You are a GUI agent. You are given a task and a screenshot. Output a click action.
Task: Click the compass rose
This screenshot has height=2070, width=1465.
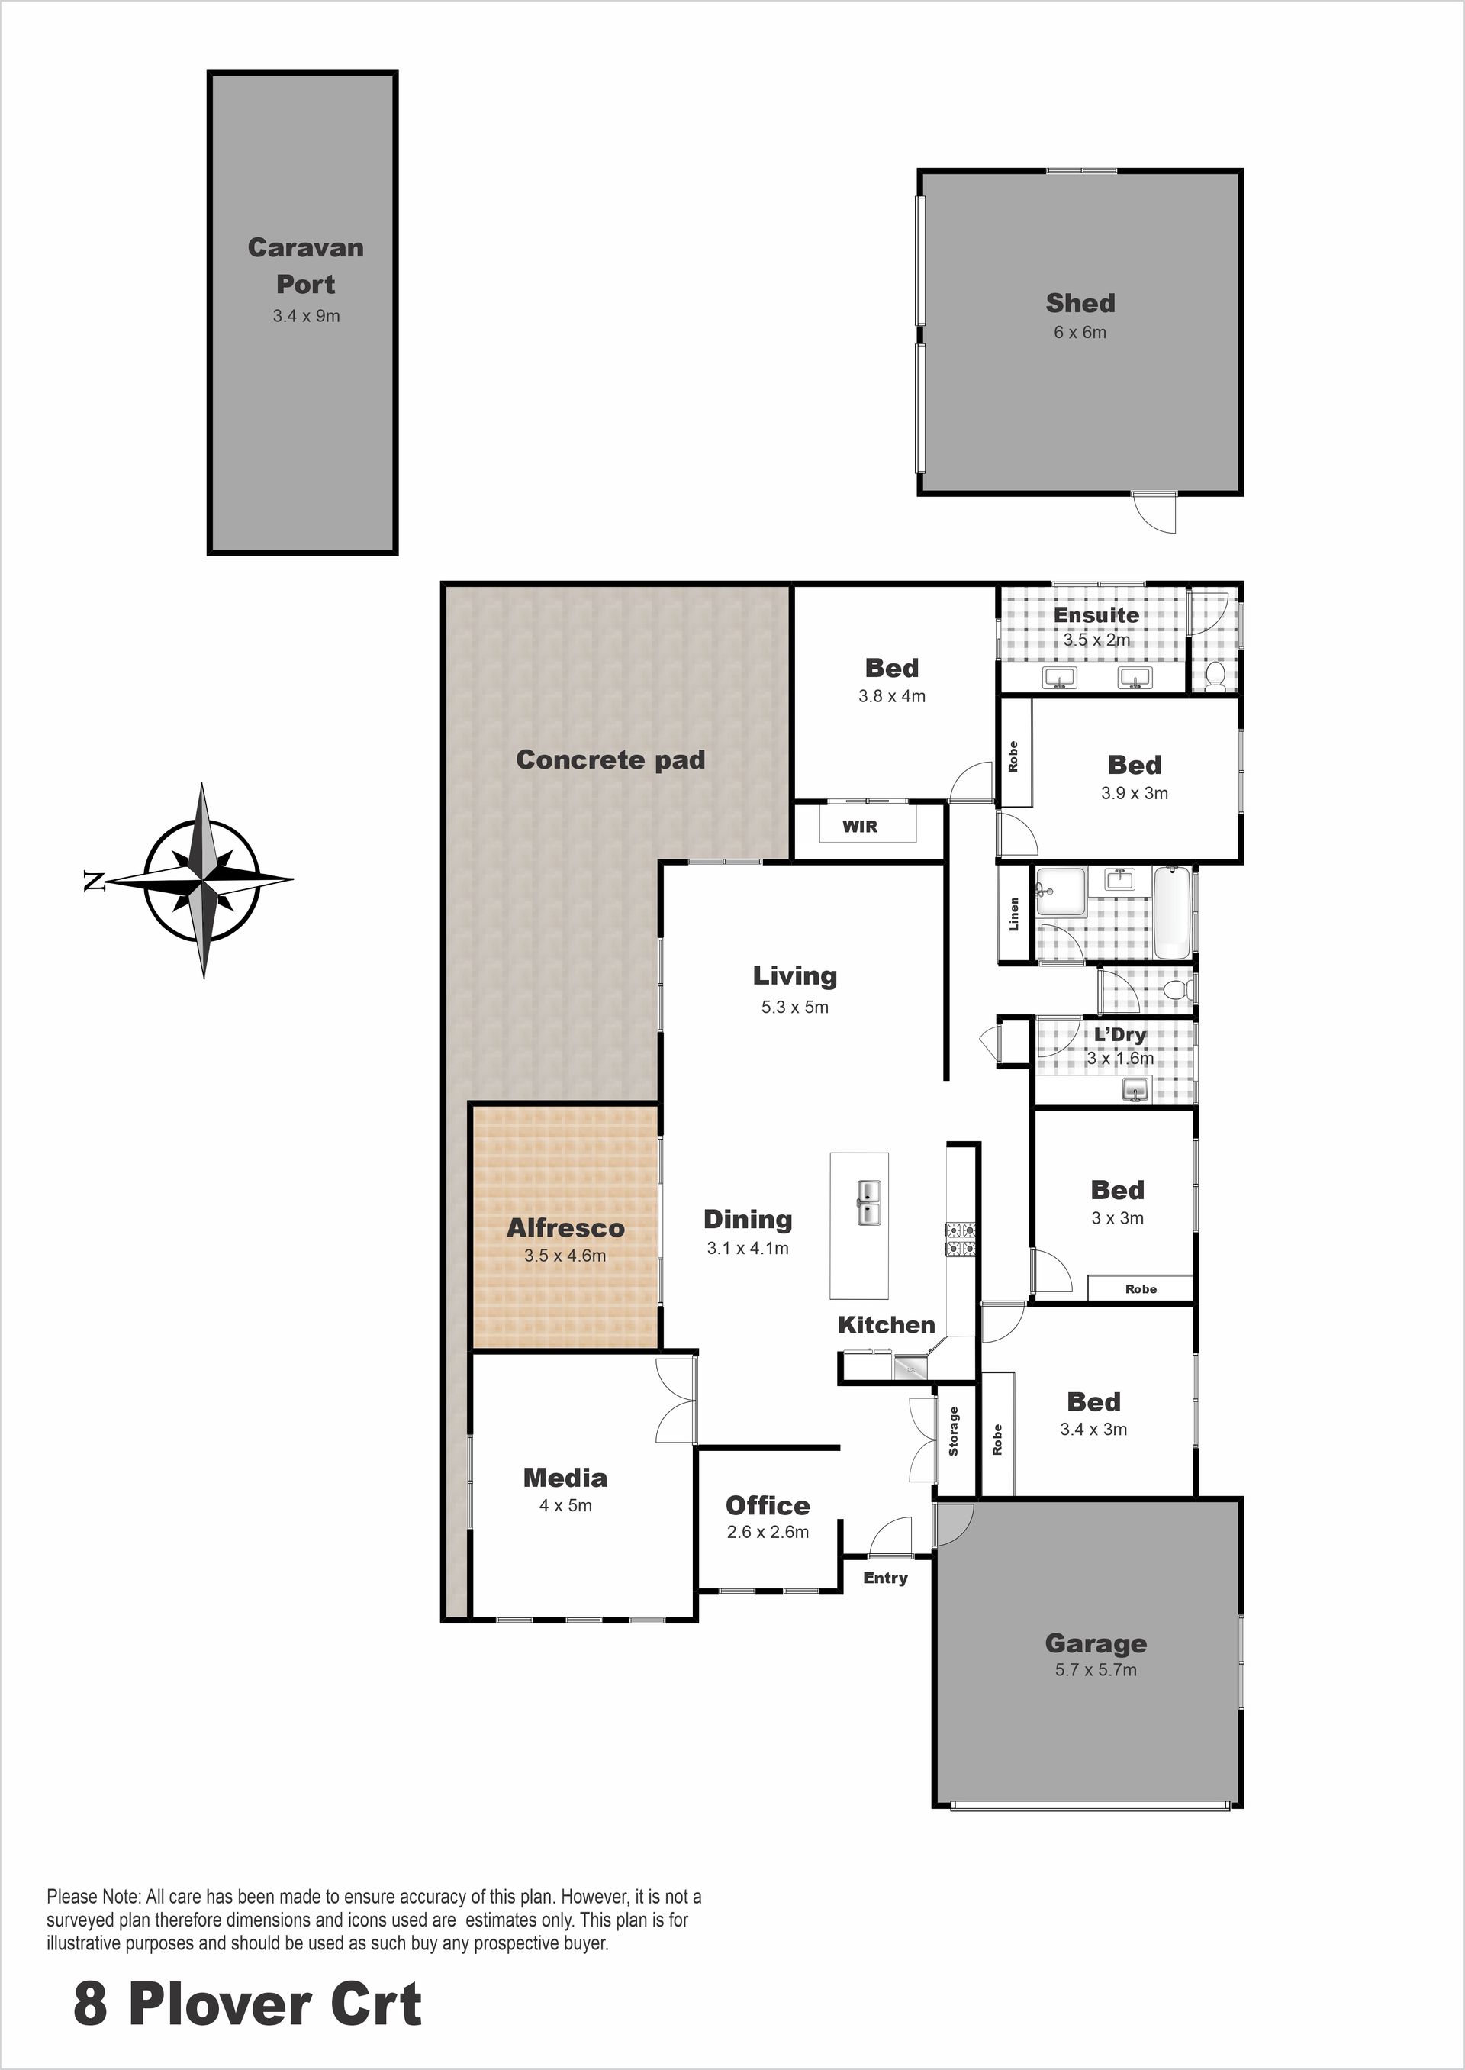pyautogui.click(x=203, y=880)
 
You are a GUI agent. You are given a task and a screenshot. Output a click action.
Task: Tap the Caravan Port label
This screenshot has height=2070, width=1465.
pyautogui.click(x=306, y=266)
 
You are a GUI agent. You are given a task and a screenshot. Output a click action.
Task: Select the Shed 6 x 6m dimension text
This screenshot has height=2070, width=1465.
pyautogui.click(x=1080, y=332)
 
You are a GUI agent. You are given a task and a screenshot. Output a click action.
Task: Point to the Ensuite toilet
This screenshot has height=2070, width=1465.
pyautogui.click(x=1214, y=673)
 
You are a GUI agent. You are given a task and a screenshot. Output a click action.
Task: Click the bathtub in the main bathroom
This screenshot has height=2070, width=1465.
pyautogui.click(x=1173, y=911)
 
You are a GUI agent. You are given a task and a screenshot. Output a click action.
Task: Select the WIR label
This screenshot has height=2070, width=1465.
pyautogui.click(x=860, y=826)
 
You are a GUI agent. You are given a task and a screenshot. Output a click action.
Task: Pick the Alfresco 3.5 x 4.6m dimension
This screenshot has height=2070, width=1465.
pyautogui.click(x=565, y=1255)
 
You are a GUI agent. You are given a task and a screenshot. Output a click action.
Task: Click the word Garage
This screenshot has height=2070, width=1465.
pyautogui.click(x=1095, y=1644)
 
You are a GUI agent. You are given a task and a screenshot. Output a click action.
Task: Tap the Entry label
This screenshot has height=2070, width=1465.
pyautogui.click(x=885, y=1578)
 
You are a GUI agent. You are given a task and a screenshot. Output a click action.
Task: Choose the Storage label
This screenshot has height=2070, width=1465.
pyautogui.click(x=954, y=1431)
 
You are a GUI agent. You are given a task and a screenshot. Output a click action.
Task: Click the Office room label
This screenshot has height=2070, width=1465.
pyautogui.click(x=768, y=1505)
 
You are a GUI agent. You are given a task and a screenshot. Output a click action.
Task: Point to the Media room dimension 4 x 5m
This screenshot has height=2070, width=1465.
pyautogui.click(x=565, y=1505)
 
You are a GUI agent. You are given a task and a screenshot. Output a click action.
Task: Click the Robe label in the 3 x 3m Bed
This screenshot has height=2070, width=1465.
pyautogui.click(x=1141, y=1288)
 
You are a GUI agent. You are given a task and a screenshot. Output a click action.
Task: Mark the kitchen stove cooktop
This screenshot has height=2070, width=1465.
pyautogui.click(x=961, y=1239)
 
